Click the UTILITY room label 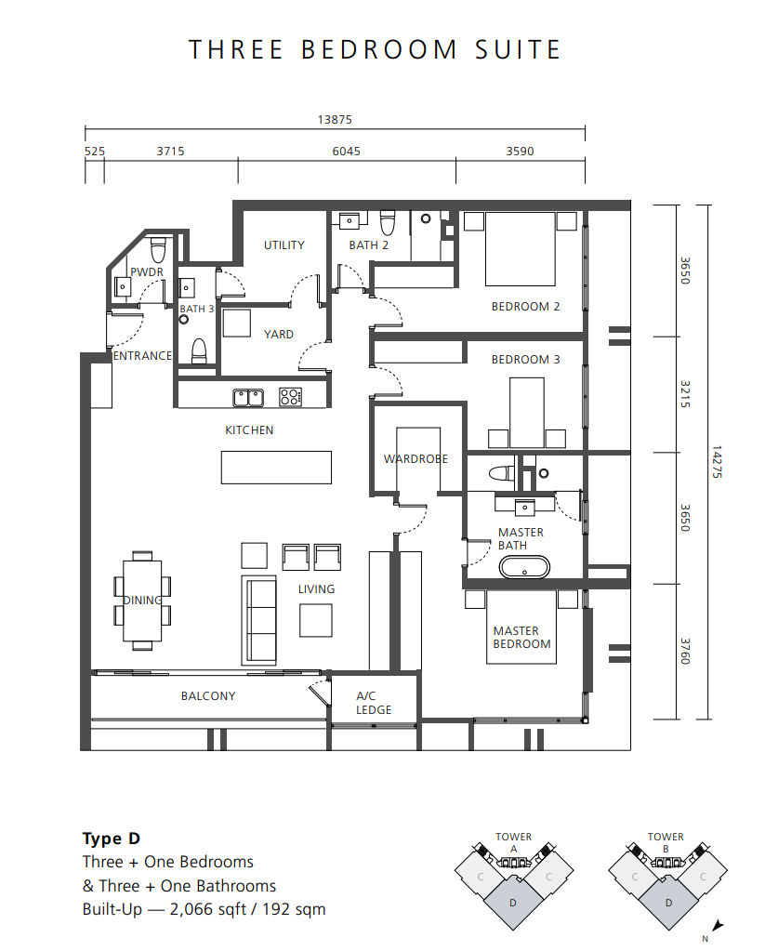pos(284,245)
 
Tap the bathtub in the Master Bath pos(525,568)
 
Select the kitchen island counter pos(276,467)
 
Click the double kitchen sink pos(249,398)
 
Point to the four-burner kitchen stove pos(291,397)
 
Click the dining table pos(142,601)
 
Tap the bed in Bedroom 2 pos(520,248)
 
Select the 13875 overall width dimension pos(335,120)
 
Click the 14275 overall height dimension pos(717,462)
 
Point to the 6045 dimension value pos(347,151)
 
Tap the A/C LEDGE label pos(374,703)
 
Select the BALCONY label pos(208,695)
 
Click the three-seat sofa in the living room pos(259,619)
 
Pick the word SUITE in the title pos(518,49)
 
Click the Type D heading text pos(112,839)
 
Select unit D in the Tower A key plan pos(513,903)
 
